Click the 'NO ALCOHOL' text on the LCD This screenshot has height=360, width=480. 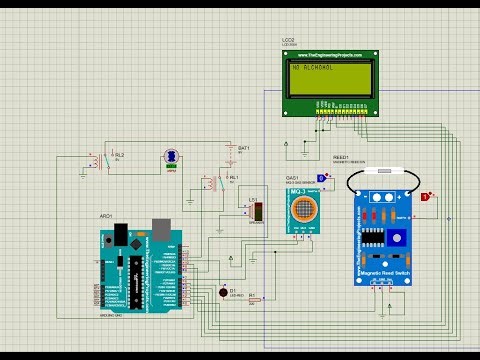(x=313, y=69)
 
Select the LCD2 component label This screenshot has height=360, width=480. (x=289, y=39)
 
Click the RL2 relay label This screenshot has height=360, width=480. (x=120, y=155)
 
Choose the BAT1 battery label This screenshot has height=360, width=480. (x=242, y=148)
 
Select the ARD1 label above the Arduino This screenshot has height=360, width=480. (x=106, y=213)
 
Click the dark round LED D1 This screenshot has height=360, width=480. (x=222, y=292)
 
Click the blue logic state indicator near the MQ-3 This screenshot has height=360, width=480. (x=321, y=178)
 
